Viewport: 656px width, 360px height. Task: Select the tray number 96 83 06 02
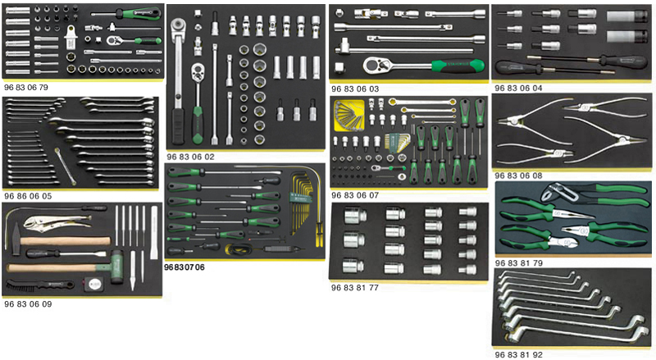point(190,155)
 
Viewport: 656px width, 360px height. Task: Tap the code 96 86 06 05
point(27,196)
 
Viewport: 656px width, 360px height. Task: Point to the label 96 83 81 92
point(518,355)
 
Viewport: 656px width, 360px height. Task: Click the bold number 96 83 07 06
point(184,267)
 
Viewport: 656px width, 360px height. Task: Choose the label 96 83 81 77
point(354,288)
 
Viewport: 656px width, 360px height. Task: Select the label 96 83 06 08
point(518,175)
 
